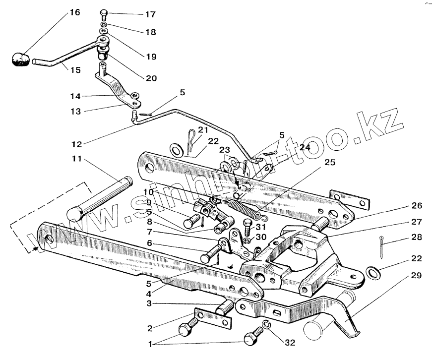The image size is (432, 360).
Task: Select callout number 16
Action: coord(74,12)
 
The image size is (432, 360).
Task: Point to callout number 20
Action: coord(151,78)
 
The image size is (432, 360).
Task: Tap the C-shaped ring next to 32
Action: coord(266,326)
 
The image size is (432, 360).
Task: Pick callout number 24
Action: coord(305,147)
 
